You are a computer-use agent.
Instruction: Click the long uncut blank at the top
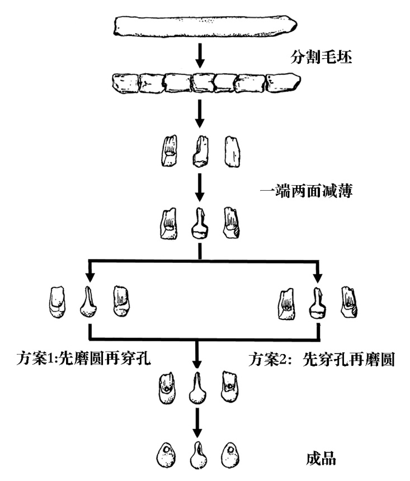click(x=205, y=26)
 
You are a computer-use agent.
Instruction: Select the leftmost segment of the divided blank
click(x=126, y=84)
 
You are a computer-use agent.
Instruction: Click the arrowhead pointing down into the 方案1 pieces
click(x=88, y=276)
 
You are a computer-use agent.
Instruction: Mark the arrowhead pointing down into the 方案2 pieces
click(x=318, y=276)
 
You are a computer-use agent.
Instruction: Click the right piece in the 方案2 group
click(x=350, y=302)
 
